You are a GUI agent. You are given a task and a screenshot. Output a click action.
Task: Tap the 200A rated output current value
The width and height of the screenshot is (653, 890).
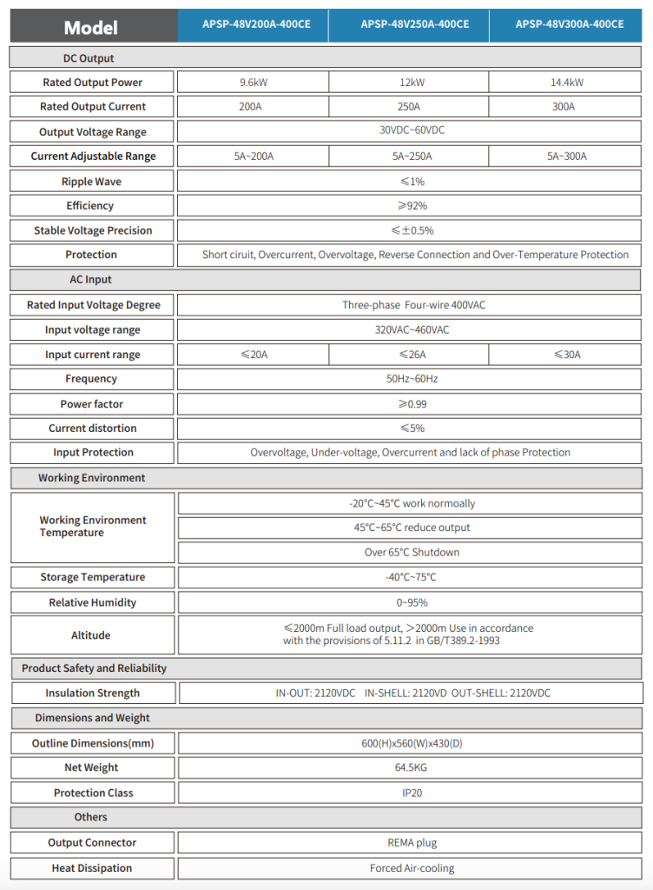[253, 107]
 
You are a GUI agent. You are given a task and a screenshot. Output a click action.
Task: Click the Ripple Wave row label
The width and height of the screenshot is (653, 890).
[91, 182]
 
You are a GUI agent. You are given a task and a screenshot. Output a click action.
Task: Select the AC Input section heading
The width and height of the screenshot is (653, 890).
[91, 280]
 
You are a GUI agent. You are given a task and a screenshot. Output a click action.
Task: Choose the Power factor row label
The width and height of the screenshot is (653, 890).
[91, 404]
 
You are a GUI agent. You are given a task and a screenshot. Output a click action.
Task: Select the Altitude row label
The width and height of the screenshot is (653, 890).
[91, 635]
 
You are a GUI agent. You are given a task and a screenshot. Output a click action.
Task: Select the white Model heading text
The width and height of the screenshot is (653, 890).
[90, 28]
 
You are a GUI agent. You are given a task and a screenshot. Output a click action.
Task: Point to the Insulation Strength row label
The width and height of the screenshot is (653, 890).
[92, 694]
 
